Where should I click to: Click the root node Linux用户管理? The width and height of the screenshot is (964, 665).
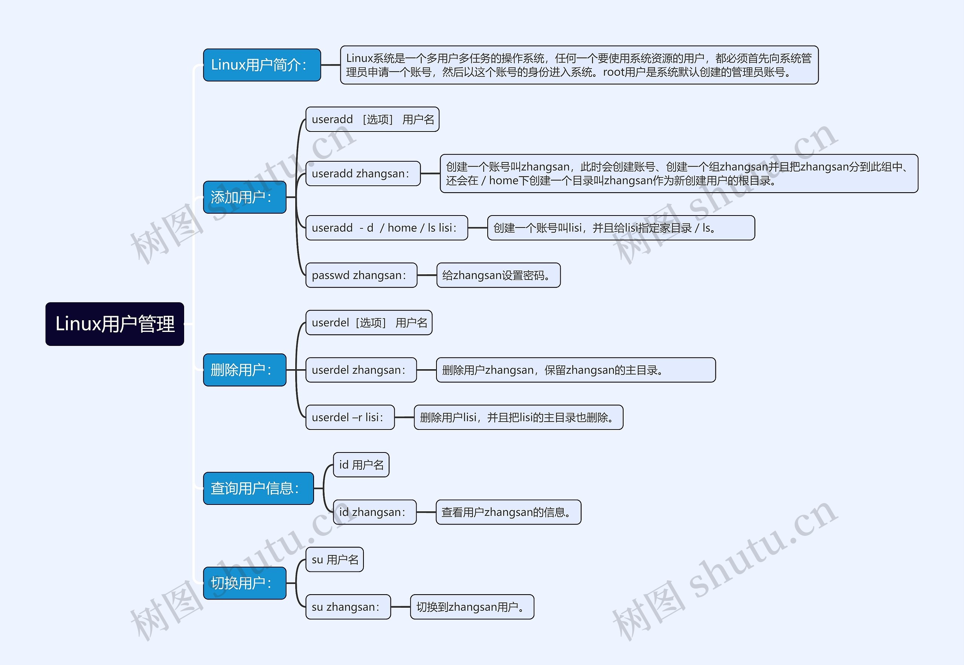pyautogui.click(x=114, y=324)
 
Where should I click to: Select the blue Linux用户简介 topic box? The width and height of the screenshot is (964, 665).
pyautogui.click(x=261, y=65)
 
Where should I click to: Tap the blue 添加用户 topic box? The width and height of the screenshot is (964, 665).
pyautogui.click(x=244, y=197)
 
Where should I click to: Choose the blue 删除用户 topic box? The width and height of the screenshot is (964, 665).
pyautogui.click(x=244, y=370)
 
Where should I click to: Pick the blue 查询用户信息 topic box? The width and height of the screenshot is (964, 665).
pyautogui.click(x=258, y=488)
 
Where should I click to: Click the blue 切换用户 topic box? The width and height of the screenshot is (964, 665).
pyautogui.click(x=244, y=583)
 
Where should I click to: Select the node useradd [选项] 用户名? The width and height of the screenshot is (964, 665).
pyautogui.click(x=372, y=119)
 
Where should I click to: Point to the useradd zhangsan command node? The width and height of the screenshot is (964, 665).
pyautogui.click(x=363, y=173)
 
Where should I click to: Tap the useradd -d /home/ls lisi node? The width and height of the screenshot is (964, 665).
pyautogui.click(x=386, y=228)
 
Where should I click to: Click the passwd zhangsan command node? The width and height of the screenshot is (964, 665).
pyautogui.click(x=361, y=275)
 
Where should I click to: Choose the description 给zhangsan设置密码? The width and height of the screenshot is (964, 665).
pyautogui.click(x=498, y=275)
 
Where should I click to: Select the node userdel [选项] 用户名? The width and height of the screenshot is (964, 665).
pyautogui.click(x=369, y=323)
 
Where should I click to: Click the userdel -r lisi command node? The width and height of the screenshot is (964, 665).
pyautogui.click(x=350, y=417)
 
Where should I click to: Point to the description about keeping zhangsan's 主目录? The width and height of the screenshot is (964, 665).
pyautogui.click(x=575, y=370)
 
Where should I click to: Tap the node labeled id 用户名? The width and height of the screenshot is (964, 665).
pyautogui.click(x=361, y=465)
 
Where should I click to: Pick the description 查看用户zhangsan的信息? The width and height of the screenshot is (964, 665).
pyautogui.click(x=508, y=512)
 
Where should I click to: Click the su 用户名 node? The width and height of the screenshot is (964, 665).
pyautogui.click(x=334, y=560)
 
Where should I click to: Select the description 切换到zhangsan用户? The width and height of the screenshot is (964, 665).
pyautogui.click(x=472, y=607)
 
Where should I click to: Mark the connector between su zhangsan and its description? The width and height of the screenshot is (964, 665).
pyautogui.click(x=401, y=607)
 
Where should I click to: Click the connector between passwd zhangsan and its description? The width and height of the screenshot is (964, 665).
pyautogui.click(x=427, y=275)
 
